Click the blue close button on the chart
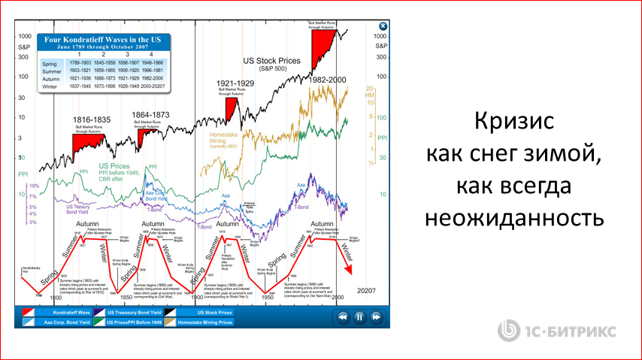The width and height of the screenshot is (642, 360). click(383, 25)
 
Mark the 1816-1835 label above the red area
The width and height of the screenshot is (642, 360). click(92, 120)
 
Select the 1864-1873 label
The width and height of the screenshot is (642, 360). click(151, 115)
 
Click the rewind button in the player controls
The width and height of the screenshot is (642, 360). click(343, 317)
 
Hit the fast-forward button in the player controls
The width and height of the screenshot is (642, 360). click(375, 317)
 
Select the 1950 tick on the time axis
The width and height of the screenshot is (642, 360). click(267, 298)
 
